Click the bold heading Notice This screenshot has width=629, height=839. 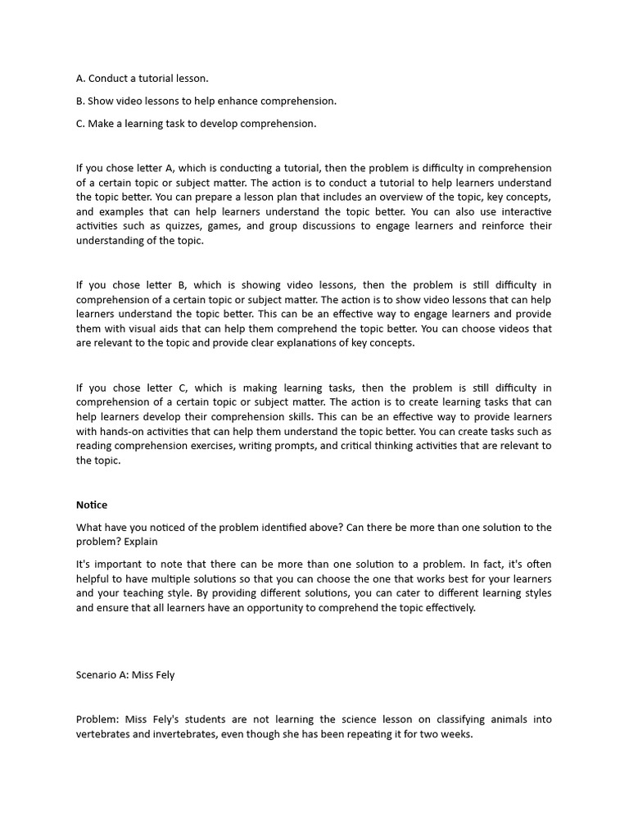point(92,505)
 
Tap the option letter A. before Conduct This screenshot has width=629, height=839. point(81,79)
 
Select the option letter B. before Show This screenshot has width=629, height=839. point(80,101)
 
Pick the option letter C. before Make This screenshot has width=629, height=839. point(80,124)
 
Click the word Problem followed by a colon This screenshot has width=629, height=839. point(97,719)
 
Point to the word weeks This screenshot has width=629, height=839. point(455,734)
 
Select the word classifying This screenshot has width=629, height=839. point(451,719)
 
